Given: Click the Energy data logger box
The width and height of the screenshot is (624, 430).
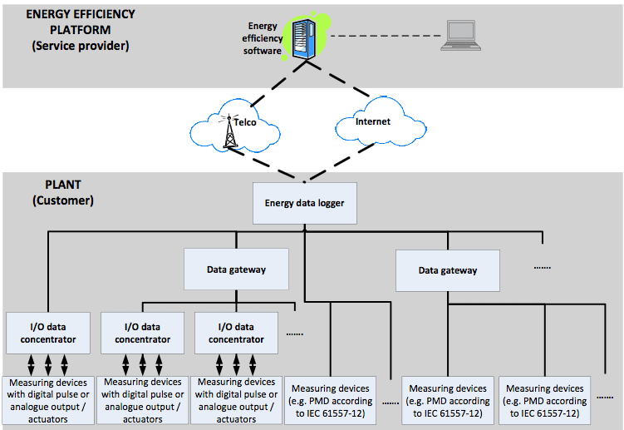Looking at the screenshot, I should coord(305,203).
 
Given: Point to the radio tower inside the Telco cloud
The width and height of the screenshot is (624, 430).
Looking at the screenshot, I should coord(230,131).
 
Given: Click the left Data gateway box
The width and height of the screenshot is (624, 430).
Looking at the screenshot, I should coord(235,269).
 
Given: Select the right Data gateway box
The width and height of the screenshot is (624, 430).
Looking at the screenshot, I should coord(447,270).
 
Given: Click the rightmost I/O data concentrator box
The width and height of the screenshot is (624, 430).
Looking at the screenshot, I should coord(235,333).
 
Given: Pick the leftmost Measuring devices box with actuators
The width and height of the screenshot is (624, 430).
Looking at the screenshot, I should coord(49,400).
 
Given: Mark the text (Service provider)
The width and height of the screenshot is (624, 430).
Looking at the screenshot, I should coord(81,46).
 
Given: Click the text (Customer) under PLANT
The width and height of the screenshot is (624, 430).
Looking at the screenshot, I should coord(63,200).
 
